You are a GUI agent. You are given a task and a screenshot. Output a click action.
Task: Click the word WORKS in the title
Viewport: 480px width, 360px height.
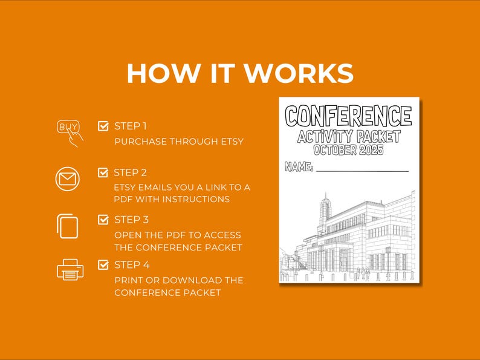pyautogui.click(x=299, y=73)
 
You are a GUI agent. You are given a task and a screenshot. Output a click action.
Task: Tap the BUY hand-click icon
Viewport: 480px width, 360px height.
pyautogui.click(x=70, y=133)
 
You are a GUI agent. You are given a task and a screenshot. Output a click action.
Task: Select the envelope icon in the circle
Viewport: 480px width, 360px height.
pyautogui.click(x=67, y=180)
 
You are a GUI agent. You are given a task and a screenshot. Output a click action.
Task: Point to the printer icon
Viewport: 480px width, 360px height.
pyautogui.click(x=70, y=270)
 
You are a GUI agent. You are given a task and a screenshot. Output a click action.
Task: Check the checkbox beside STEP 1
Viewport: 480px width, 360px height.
pyautogui.click(x=103, y=126)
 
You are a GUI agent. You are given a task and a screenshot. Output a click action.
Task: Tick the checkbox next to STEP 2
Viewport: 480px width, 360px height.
pyautogui.click(x=103, y=172)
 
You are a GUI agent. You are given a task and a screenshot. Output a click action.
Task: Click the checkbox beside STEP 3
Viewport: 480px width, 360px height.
pyautogui.click(x=103, y=220)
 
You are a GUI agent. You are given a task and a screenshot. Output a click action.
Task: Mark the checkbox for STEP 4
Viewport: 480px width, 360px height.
pyautogui.click(x=103, y=264)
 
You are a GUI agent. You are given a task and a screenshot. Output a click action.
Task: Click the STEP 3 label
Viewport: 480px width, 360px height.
pyautogui.click(x=132, y=220)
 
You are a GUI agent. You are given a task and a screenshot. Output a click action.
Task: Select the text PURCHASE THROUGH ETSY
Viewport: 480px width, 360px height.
pyautogui.click(x=179, y=142)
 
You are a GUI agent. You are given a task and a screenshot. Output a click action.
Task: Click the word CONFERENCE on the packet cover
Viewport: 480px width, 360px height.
pyautogui.click(x=349, y=115)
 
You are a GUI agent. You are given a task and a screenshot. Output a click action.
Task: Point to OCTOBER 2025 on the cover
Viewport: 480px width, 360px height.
pyautogui.click(x=349, y=150)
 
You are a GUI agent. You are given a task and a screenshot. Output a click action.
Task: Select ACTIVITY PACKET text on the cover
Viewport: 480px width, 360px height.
pyautogui.click(x=349, y=136)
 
